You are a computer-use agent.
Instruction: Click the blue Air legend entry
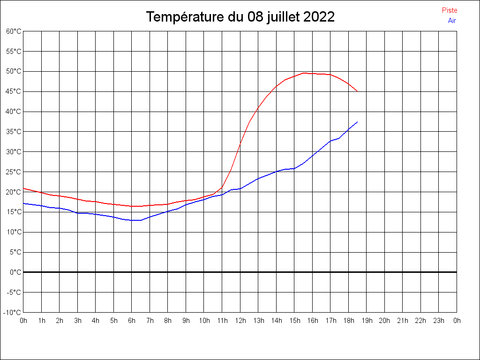[x=452, y=21]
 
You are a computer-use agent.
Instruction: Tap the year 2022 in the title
[x=319, y=17]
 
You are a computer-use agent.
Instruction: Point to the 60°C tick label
[x=14, y=31]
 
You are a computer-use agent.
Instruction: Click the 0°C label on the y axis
[x=15, y=272]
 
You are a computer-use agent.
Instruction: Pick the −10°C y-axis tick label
[x=13, y=313]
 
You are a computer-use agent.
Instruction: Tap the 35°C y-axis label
[x=14, y=132]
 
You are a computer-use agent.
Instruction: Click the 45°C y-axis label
[x=14, y=91]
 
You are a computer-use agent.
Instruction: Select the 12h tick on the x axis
[x=240, y=321]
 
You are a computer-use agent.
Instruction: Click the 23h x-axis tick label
[x=439, y=321]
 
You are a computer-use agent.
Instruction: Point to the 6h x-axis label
[x=132, y=321]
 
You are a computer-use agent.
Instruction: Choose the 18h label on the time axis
[x=349, y=321]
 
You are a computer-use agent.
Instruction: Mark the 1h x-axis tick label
[x=41, y=321]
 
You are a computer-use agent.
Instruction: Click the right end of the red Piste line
[x=358, y=91]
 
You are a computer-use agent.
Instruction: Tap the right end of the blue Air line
[x=358, y=122]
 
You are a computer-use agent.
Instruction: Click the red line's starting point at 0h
[x=23, y=188]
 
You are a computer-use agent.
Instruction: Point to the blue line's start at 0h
[x=23, y=203]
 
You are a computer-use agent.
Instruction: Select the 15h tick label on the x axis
[x=294, y=321]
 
